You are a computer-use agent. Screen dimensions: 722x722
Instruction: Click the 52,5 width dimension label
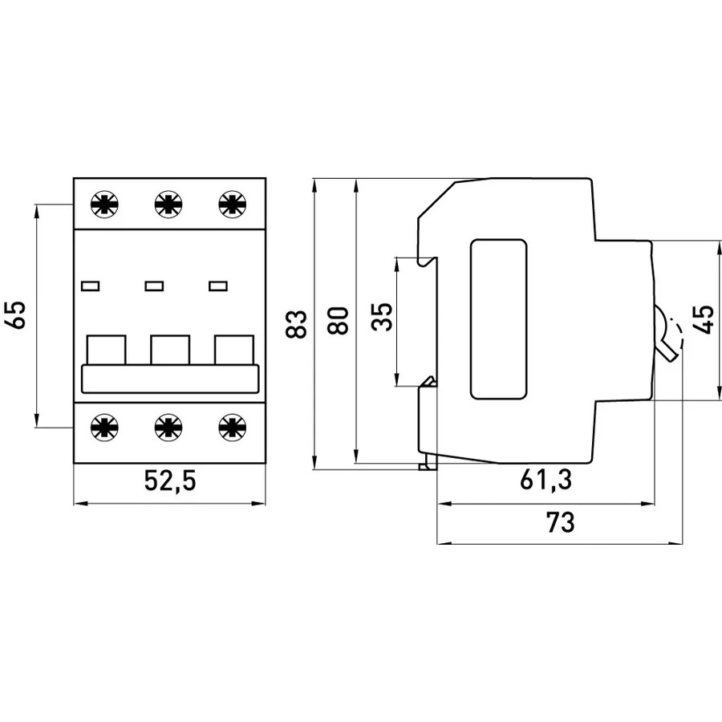coord(170,481)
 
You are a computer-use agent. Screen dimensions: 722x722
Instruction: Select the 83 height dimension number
coord(296,324)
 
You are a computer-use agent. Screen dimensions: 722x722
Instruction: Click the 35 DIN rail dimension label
coord(382,317)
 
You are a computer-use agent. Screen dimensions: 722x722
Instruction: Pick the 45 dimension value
coord(704,319)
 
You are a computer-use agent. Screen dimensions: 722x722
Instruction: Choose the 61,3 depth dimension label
coord(546,480)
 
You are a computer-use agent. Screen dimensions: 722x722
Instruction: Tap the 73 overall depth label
coord(561,522)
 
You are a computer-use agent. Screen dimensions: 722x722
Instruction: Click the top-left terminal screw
coord(104,204)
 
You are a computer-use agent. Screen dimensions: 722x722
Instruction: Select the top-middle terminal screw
coord(168,204)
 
